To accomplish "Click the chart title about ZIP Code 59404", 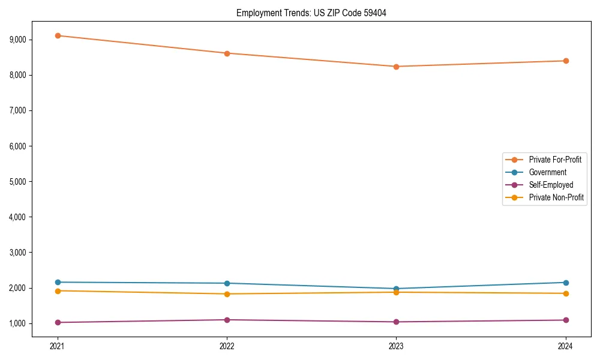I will [311, 13].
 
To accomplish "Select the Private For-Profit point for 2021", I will [58, 35].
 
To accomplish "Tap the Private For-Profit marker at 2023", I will [396, 67].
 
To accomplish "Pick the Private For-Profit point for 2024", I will [566, 61].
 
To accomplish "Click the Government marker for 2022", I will [227, 283].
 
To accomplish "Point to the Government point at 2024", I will [566, 283].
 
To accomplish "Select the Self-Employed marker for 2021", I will [58, 322].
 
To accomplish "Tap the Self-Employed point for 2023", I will [396, 322].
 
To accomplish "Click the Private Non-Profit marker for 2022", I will [227, 294].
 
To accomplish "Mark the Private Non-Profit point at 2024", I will [566, 293].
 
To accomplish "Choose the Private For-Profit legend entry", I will [555, 160].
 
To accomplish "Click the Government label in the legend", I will [547, 172].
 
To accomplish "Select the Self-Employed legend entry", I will [551, 185].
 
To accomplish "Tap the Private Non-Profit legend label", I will [556, 197].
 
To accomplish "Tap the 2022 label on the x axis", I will [227, 346].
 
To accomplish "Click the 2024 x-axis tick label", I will [566, 346].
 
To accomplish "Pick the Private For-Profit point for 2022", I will [227, 53].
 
